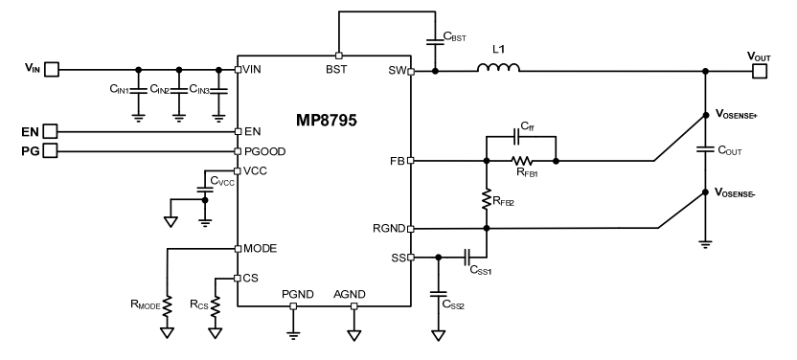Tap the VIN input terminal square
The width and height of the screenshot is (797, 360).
click(52, 69)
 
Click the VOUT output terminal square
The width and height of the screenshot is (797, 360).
click(760, 70)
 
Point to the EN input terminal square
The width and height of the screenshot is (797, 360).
click(52, 131)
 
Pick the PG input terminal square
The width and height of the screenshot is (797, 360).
click(52, 150)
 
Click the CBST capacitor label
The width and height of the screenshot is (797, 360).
click(456, 36)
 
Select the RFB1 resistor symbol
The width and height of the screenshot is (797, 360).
click(522, 161)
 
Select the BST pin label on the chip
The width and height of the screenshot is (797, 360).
click(337, 70)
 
